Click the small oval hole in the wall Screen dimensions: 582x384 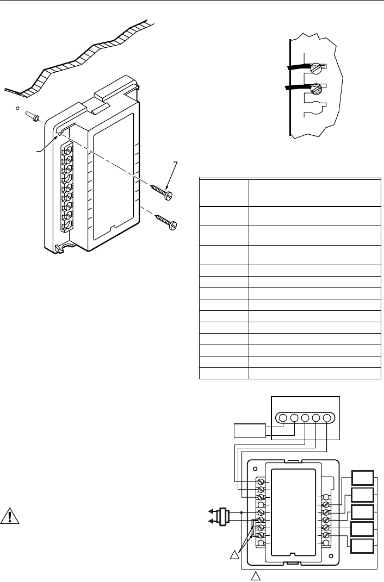point(17,109)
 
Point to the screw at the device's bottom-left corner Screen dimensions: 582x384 point(58,249)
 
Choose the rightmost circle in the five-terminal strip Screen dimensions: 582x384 point(327,418)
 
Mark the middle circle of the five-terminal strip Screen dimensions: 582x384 point(305,418)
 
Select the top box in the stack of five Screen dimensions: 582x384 point(362,478)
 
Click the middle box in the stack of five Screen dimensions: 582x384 point(362,512)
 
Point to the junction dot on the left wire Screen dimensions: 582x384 point(240,512)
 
